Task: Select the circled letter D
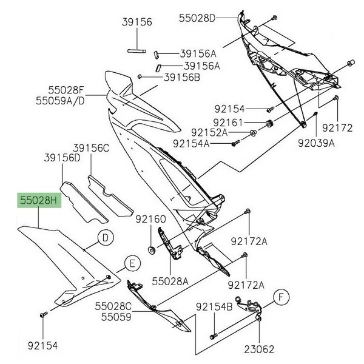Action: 105,238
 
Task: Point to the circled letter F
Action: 280,297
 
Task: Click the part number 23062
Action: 260,349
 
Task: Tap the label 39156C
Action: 92,147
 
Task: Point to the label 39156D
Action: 62,157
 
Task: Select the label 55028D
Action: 197,18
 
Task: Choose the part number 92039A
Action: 316,144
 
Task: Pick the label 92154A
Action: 191,144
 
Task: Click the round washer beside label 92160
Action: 150,249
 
